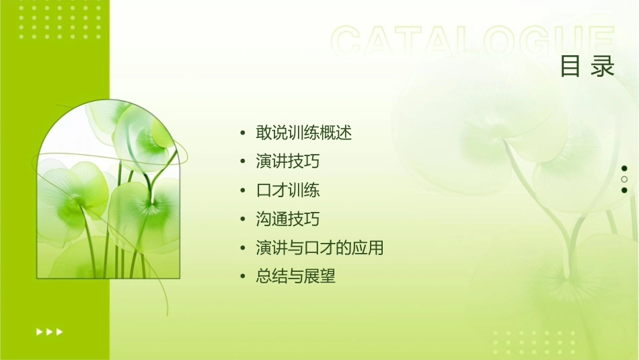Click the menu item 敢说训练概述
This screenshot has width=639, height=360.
(304, 133)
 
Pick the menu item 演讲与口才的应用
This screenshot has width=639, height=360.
(319, 248)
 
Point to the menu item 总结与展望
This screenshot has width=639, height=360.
(296, 276)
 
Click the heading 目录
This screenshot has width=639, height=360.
(587, 67)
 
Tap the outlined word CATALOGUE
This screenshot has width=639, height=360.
(472, 42)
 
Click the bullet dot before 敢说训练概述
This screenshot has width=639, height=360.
(243, 133)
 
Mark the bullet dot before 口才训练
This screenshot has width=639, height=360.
(243, 190)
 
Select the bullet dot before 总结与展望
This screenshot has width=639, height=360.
(243, 277)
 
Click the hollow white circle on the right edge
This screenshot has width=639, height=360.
(624, 179)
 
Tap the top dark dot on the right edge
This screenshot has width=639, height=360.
(624, 168)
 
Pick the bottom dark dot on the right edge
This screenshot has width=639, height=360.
(624, 190)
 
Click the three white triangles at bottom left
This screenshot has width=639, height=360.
(50, 331)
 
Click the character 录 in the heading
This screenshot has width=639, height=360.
(603, 67)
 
